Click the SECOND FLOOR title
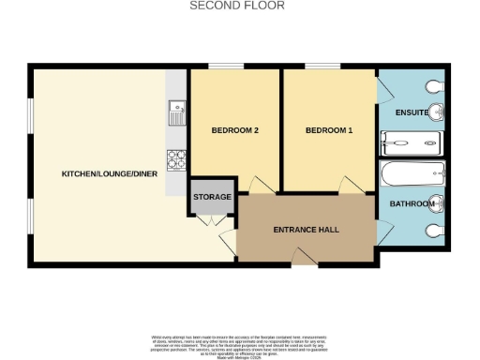coord(237,6)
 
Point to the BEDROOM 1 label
coord(328,130)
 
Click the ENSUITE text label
coord(412,113)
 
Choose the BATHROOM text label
coord(412,204)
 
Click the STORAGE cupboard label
coord(211,198)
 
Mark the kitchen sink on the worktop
coord(176,115)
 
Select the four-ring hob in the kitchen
coord(175,161)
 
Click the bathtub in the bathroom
coord(413,172)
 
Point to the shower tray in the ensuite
coord(411,143)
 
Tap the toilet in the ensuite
coord(433,87)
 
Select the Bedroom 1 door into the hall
coord(352,185)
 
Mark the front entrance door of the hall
coord(304,255)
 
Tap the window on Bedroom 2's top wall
coord(221,66)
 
